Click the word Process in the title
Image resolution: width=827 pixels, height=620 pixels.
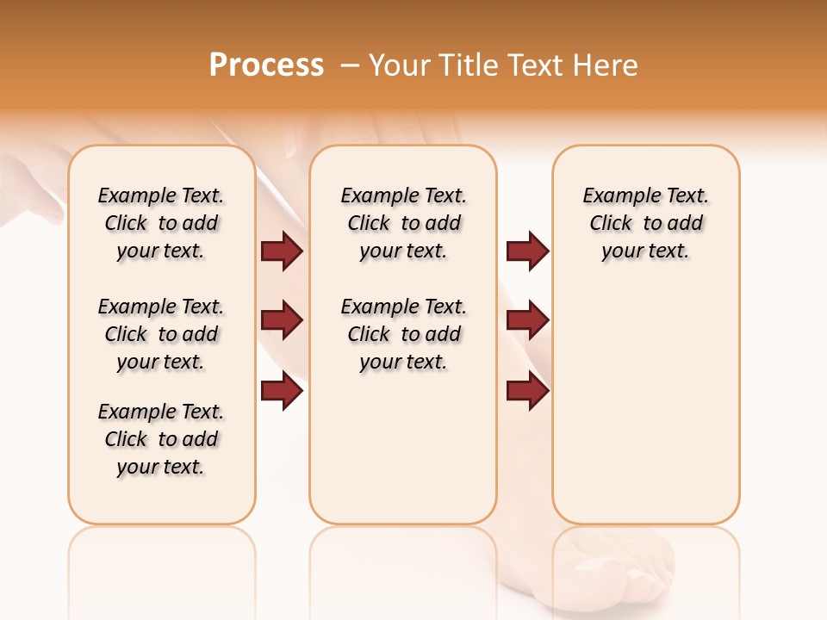(x=266, y=65)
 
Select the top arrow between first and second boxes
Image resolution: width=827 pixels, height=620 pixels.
(x=282, y=251)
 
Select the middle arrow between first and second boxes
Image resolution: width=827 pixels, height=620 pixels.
(x=282, y=320)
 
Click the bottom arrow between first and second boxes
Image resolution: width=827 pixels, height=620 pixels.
(x=282, y=391)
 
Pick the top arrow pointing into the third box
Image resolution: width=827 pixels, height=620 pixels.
(x=527, y=251)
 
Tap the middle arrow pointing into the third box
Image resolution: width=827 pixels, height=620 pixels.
(x=527, y=320)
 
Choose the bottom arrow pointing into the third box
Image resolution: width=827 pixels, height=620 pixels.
(x=527, y=391)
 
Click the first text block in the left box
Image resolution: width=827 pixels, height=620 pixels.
(x=161, y=223)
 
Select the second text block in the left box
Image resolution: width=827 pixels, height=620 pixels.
(x=161, y=334)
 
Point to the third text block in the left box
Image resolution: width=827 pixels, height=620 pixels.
(x=161, y=439)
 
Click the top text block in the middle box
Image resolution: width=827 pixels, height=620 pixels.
(x=403, y=223)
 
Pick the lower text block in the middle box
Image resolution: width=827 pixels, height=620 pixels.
(x=403, y=334)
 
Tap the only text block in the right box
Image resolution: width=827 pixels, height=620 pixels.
(x=645, y=223)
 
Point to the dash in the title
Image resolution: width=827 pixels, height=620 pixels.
(x=350, y=65)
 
